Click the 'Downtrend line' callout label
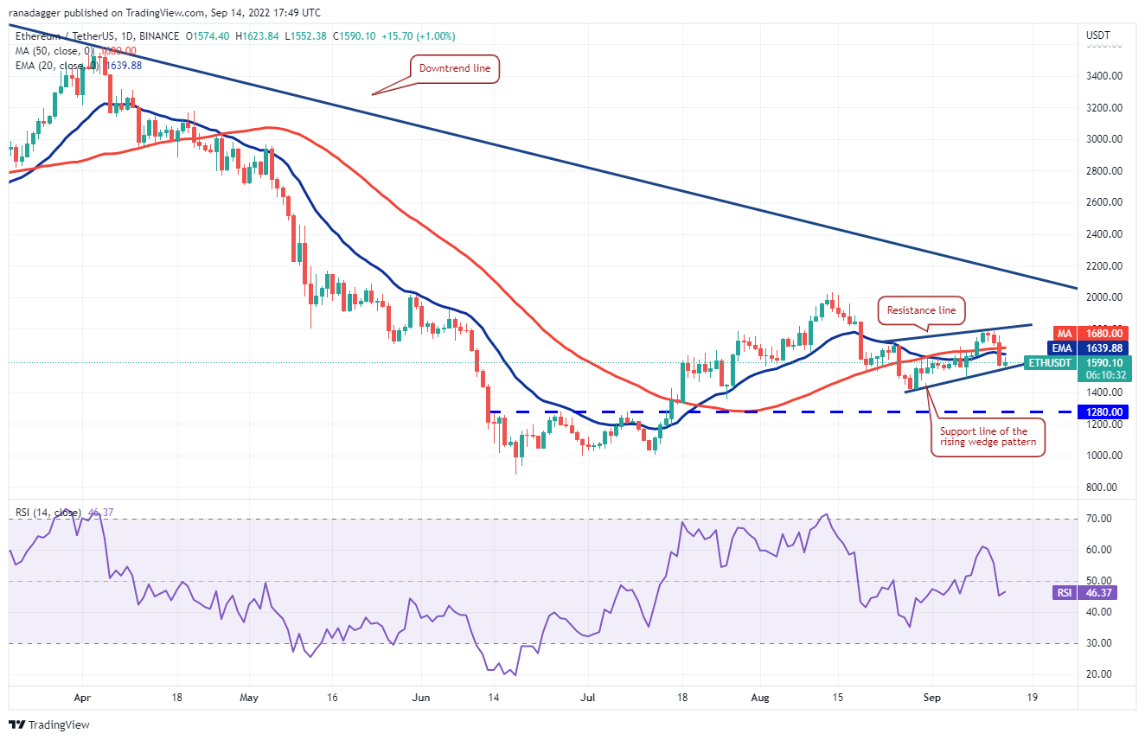[454, 68]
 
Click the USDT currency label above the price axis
[1098, 35]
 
